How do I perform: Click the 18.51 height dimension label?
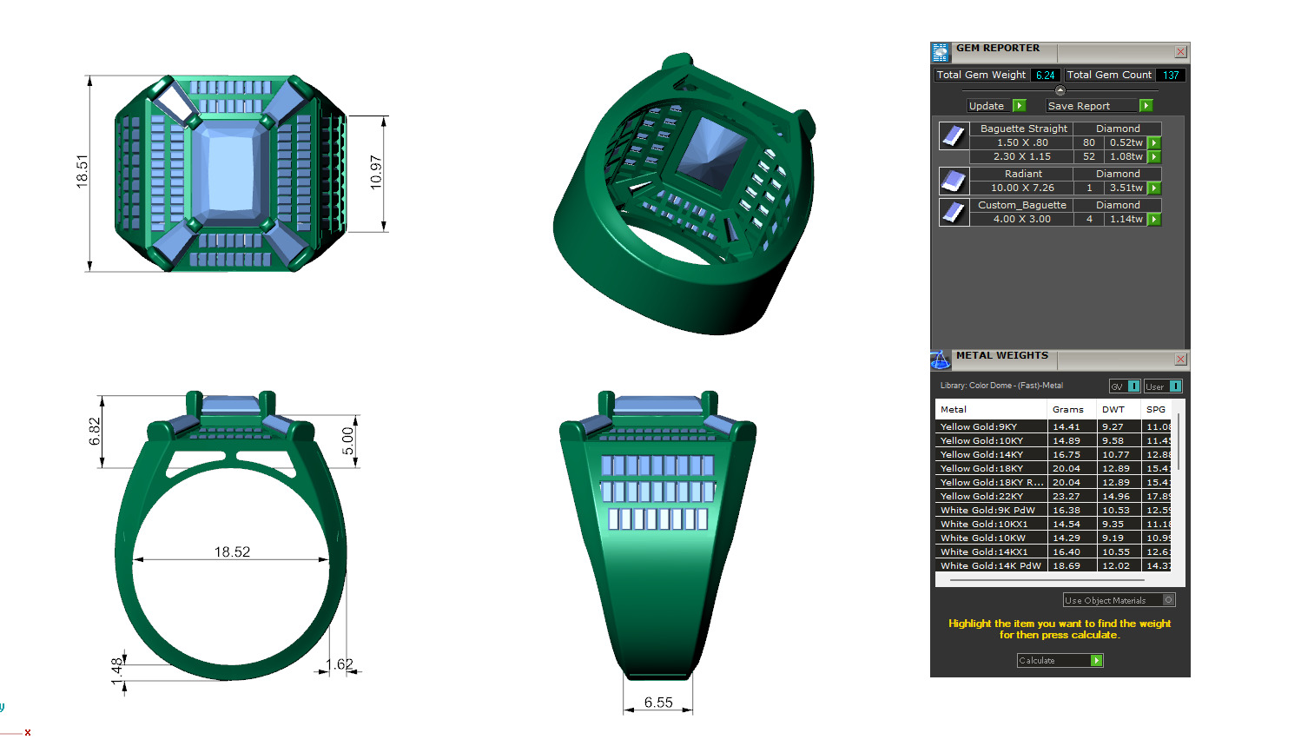pyautogui.click(x=83, y=171)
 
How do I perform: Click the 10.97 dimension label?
pyautogui.click(x=375, y=172)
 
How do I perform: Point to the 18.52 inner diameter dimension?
pyautogui.click(x=232, y=551)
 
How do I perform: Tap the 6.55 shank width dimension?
pyautogui.click(x=658, y=703)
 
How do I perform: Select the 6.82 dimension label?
pyautogui.click(x=95, y=432)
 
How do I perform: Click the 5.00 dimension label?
pyautogui.click(x=347, y=440)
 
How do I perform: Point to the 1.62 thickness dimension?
pyautogui.click(x=340, y=664)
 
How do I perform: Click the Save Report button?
pyautogui.click(x=1099, y=106)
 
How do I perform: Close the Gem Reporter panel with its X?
pyautogui.click(x=1180, y=52)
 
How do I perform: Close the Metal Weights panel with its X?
pyautogui.click(x=1180, y=359)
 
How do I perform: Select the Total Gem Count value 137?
pyautogui.click(x=1171, y=76)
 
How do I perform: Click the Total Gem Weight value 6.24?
pyautogui.click(x=1045, y=76)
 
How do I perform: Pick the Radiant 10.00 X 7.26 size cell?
pyautogui.click(x=1022, y=188)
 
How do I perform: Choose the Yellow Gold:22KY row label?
pyautogui.click(x=981, y=497)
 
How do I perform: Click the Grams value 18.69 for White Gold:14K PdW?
pyautogui.click(x=1067, y=565)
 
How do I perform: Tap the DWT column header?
pyautogui.click(x=1113, y=409)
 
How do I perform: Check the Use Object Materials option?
pyautogui.click(x=1168, y=600)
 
